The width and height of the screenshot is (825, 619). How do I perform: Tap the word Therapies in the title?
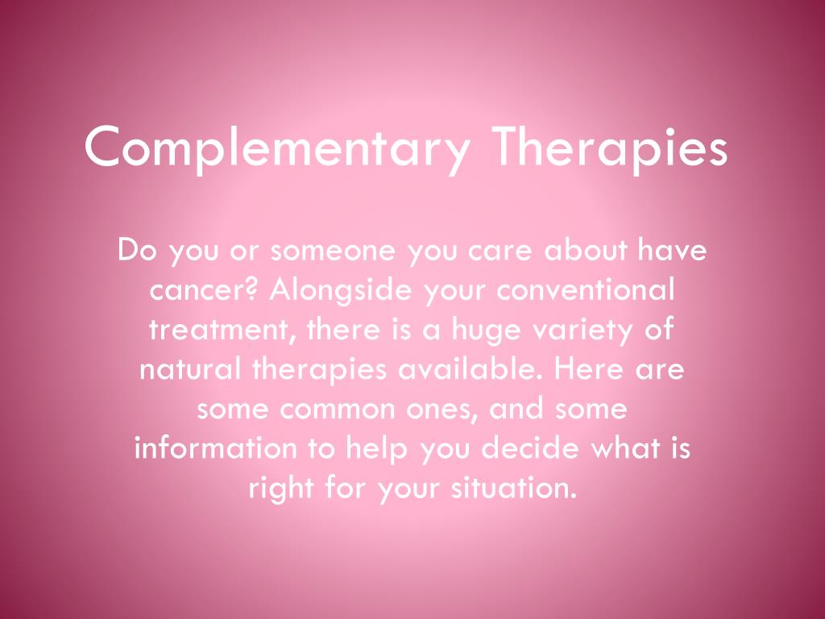(610, 147)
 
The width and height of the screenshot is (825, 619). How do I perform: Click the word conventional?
(585, 290)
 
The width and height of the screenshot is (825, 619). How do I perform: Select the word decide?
(534, 448)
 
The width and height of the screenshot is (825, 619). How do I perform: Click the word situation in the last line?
(515, 488)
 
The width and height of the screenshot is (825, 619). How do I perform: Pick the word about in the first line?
(590, 251)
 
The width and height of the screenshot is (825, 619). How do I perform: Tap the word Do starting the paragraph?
(135, 251)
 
